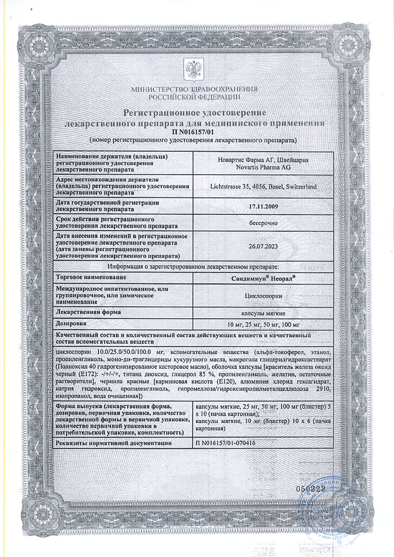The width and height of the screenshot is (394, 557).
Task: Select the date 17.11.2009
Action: pyautogui.click(x=263, y=206)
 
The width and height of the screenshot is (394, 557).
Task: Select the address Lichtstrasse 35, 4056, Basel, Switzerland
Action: pyautogui.click(x=263, y=187)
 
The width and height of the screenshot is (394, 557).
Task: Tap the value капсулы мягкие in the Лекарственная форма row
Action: pyautogui.click(x=263, y=313)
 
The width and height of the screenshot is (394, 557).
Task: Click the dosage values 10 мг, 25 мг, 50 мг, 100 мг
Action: pyautogui.click(x=263, y=324)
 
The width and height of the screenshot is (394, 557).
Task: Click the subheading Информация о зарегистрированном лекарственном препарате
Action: pyautogui.click(x=193, y=266)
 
